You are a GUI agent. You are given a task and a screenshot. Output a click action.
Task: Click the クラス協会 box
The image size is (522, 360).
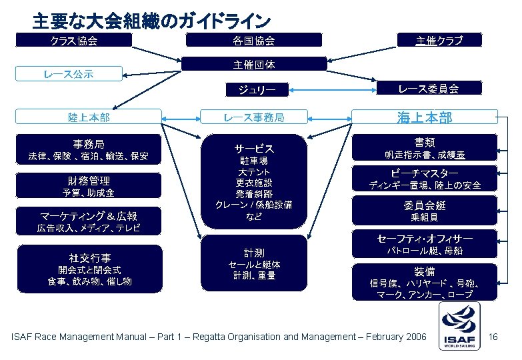74,41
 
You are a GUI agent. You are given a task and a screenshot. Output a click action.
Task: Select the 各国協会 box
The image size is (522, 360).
254,41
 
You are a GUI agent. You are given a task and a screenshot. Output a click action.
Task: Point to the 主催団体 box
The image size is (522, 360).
254,65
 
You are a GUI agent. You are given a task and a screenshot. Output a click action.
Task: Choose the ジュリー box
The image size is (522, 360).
254,89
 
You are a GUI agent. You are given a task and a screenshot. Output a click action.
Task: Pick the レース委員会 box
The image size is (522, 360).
428,89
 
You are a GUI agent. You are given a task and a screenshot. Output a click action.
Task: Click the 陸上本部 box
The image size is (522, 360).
89,117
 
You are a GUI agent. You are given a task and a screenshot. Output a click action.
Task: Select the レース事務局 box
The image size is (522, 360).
254,117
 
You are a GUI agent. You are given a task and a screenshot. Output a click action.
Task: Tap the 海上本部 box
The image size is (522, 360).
425,118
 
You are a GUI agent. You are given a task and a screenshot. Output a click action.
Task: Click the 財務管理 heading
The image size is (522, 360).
89,181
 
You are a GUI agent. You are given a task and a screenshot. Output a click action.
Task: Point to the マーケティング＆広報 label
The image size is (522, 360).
89,216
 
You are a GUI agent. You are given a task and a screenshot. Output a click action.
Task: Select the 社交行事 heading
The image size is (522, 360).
89,257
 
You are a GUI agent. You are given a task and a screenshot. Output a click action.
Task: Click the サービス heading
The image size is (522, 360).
254,148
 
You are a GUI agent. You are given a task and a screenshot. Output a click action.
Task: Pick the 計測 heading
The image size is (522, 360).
254,253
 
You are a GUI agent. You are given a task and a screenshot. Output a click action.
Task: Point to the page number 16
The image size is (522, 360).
494,337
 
